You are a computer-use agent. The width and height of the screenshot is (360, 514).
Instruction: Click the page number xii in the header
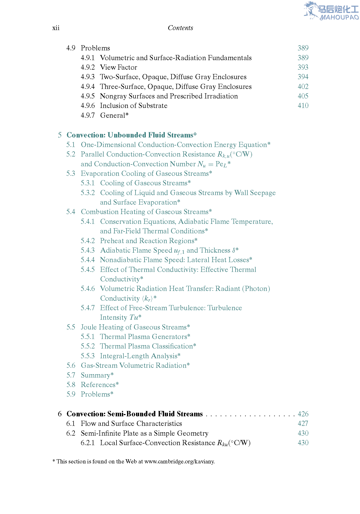pos(56,28)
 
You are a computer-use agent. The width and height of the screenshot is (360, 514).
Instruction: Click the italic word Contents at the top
pos(180,28)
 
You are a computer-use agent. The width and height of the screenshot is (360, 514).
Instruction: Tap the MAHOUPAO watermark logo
pos(331,11)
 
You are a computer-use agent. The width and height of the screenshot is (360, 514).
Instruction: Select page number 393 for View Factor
pos(303,67)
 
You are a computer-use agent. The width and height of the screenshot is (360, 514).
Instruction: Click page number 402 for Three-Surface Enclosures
pos(303,87)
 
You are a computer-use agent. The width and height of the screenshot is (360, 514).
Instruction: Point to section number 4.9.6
pos(88,106)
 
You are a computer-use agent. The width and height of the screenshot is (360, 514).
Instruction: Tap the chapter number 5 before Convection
pos(60,135)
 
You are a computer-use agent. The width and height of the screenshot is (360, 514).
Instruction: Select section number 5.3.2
pos(88,193)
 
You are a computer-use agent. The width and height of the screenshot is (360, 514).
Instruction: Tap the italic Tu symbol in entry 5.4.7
pos(134,317)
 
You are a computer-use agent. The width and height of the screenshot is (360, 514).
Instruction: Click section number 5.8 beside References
pos(71,385)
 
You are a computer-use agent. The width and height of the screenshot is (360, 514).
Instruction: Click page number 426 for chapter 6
pos(303,414)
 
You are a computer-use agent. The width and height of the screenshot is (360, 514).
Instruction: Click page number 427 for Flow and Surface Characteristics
pos(303,424)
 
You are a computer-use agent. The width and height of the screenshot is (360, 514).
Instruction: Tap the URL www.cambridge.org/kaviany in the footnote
pos(179,461)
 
